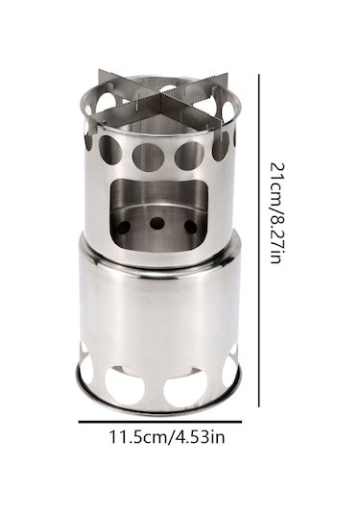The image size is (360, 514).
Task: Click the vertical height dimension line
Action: click(x=259, y=240)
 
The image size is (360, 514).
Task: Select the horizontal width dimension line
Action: click(x=160, y=422)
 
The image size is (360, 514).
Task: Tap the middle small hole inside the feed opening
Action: click(x=156, y=224)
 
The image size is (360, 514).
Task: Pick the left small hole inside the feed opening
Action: click(x=124, y=227)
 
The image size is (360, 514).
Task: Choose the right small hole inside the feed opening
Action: click(x=190, y=227)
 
